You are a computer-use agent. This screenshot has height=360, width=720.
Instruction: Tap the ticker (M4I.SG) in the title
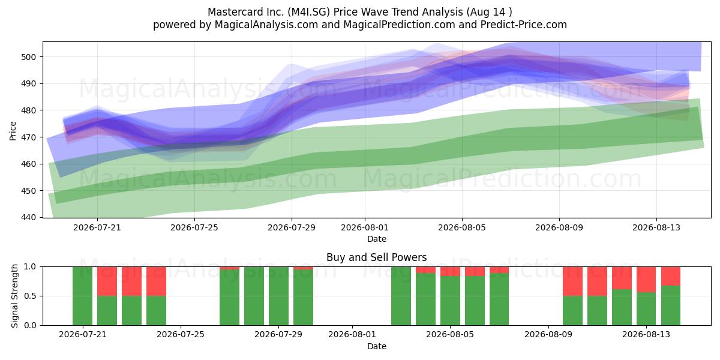[x=309, y=12]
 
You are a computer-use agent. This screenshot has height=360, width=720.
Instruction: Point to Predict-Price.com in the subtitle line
[x=524, y=25]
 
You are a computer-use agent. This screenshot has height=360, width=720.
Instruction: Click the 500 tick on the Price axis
[x=28, y=57]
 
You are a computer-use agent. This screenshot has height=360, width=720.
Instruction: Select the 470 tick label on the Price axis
[x=28, y=137]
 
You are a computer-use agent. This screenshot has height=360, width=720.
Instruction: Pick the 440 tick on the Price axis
[x=28, y=218]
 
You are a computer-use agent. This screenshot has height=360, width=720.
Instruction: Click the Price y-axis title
[x=13, y=131]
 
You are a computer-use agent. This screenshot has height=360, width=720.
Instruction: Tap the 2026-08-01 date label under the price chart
[x=365, y=227]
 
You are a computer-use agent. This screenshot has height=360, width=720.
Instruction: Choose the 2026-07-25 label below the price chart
[x=194, y=227]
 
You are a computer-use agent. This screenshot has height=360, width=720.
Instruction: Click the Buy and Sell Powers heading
[x=376, y=257]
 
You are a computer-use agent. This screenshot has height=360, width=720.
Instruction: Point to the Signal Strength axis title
[x=14, y=296]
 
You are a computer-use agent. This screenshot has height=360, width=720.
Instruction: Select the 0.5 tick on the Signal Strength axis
[x=30, y=296]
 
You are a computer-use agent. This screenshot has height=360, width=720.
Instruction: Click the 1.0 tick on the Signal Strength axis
[x=30, y=267]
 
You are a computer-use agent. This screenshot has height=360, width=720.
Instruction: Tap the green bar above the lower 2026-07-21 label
[x=82, y=296]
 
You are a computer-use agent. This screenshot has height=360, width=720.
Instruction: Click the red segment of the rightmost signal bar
[x=671, y=276]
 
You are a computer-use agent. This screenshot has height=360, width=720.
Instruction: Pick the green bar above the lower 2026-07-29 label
[x=278, y=296]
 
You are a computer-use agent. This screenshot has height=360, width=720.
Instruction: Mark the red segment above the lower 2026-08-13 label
[x=646, y=280]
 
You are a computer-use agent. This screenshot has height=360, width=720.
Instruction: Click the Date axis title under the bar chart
[x=377, y=346]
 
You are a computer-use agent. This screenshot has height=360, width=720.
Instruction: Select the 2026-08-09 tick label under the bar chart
[x=548, y=335]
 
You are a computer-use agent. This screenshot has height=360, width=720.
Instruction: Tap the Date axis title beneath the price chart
[x=377, y=239]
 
